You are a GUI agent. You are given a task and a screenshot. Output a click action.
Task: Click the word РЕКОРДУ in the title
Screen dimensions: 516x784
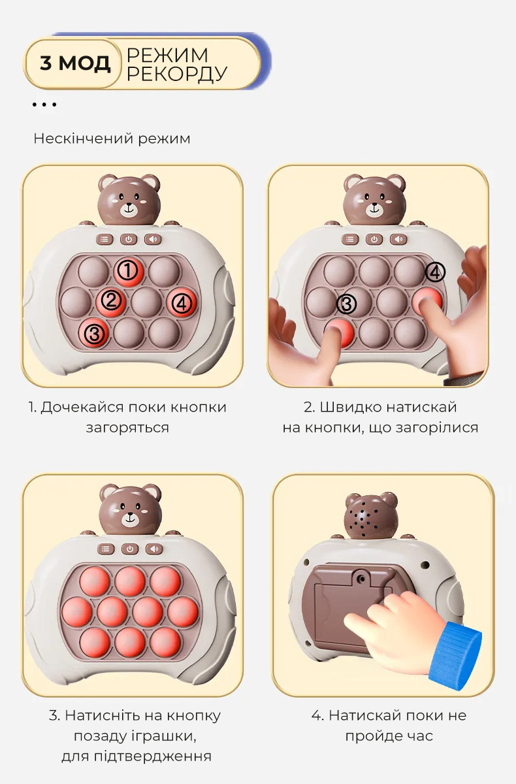coord(176,73)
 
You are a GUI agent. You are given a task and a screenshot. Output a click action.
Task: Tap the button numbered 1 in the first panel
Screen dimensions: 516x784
coord(129,271)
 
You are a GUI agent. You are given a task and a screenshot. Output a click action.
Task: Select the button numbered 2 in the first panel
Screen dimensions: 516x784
coord(111,301)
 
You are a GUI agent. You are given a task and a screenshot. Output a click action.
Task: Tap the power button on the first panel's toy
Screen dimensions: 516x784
coord(129,239)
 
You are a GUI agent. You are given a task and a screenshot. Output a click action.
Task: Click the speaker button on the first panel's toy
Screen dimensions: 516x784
coord(153,239)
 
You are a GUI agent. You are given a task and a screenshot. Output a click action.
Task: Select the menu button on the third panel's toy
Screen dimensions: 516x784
coord(106,549)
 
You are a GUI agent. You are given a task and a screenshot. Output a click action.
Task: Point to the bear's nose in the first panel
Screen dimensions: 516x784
coord(129,204)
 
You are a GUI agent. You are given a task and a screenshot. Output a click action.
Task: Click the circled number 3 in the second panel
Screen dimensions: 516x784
coord(346,304)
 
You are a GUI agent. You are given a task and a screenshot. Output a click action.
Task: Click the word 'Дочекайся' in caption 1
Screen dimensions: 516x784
coord(82,408)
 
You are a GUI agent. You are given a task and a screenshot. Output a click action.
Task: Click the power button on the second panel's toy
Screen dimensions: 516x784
coord(374,239)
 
